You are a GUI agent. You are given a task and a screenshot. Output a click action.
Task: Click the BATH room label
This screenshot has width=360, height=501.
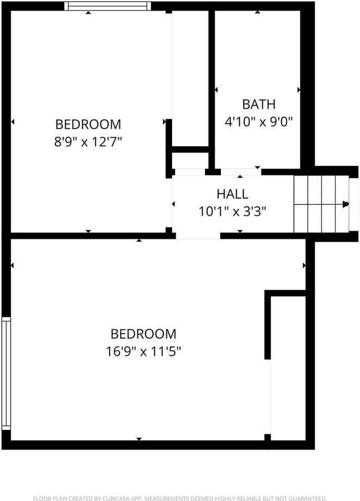pyautogui.click(x=258, y=104)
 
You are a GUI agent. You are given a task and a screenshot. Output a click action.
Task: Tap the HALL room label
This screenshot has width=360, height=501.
pyautogui.click(x=232, y=194)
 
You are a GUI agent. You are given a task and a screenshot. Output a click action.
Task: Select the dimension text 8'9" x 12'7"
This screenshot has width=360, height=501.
pyautogui.click(x=88, y=141)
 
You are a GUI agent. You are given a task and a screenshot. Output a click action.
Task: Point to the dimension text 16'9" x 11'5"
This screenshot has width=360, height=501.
pyautogui.click(x=143, y=351)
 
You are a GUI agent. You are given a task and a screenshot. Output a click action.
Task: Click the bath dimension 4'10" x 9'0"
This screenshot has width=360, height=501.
pyautogui.click(x=258, y=122)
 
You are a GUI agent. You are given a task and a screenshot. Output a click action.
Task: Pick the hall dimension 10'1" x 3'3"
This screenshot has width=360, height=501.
pyautogui.click(x=232, y=211)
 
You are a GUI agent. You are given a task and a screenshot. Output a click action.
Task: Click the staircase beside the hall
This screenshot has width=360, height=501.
pyautogui.click(x=320, y=204)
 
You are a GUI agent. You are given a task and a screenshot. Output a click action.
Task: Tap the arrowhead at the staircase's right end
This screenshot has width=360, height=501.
pyautogui.click(x=345, y=205)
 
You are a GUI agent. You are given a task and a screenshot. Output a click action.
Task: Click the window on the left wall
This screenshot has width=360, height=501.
pyautogui.click(x=6, y=373)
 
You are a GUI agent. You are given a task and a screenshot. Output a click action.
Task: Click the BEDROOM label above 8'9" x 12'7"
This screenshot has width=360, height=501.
pyautogui.click(x=88, y=125)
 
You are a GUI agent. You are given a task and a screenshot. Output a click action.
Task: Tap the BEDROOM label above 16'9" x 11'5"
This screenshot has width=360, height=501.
pyautogui.click(x=143, y=333)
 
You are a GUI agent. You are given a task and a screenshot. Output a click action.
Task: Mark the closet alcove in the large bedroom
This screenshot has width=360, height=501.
pyautogui.click(x=287, y=365)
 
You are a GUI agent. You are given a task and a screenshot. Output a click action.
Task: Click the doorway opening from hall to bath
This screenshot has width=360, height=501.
pyautogui.click(x=241, y=172)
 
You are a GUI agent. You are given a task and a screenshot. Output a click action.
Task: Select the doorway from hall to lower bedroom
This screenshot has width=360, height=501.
pyautogui.click(x=198, y=236)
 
